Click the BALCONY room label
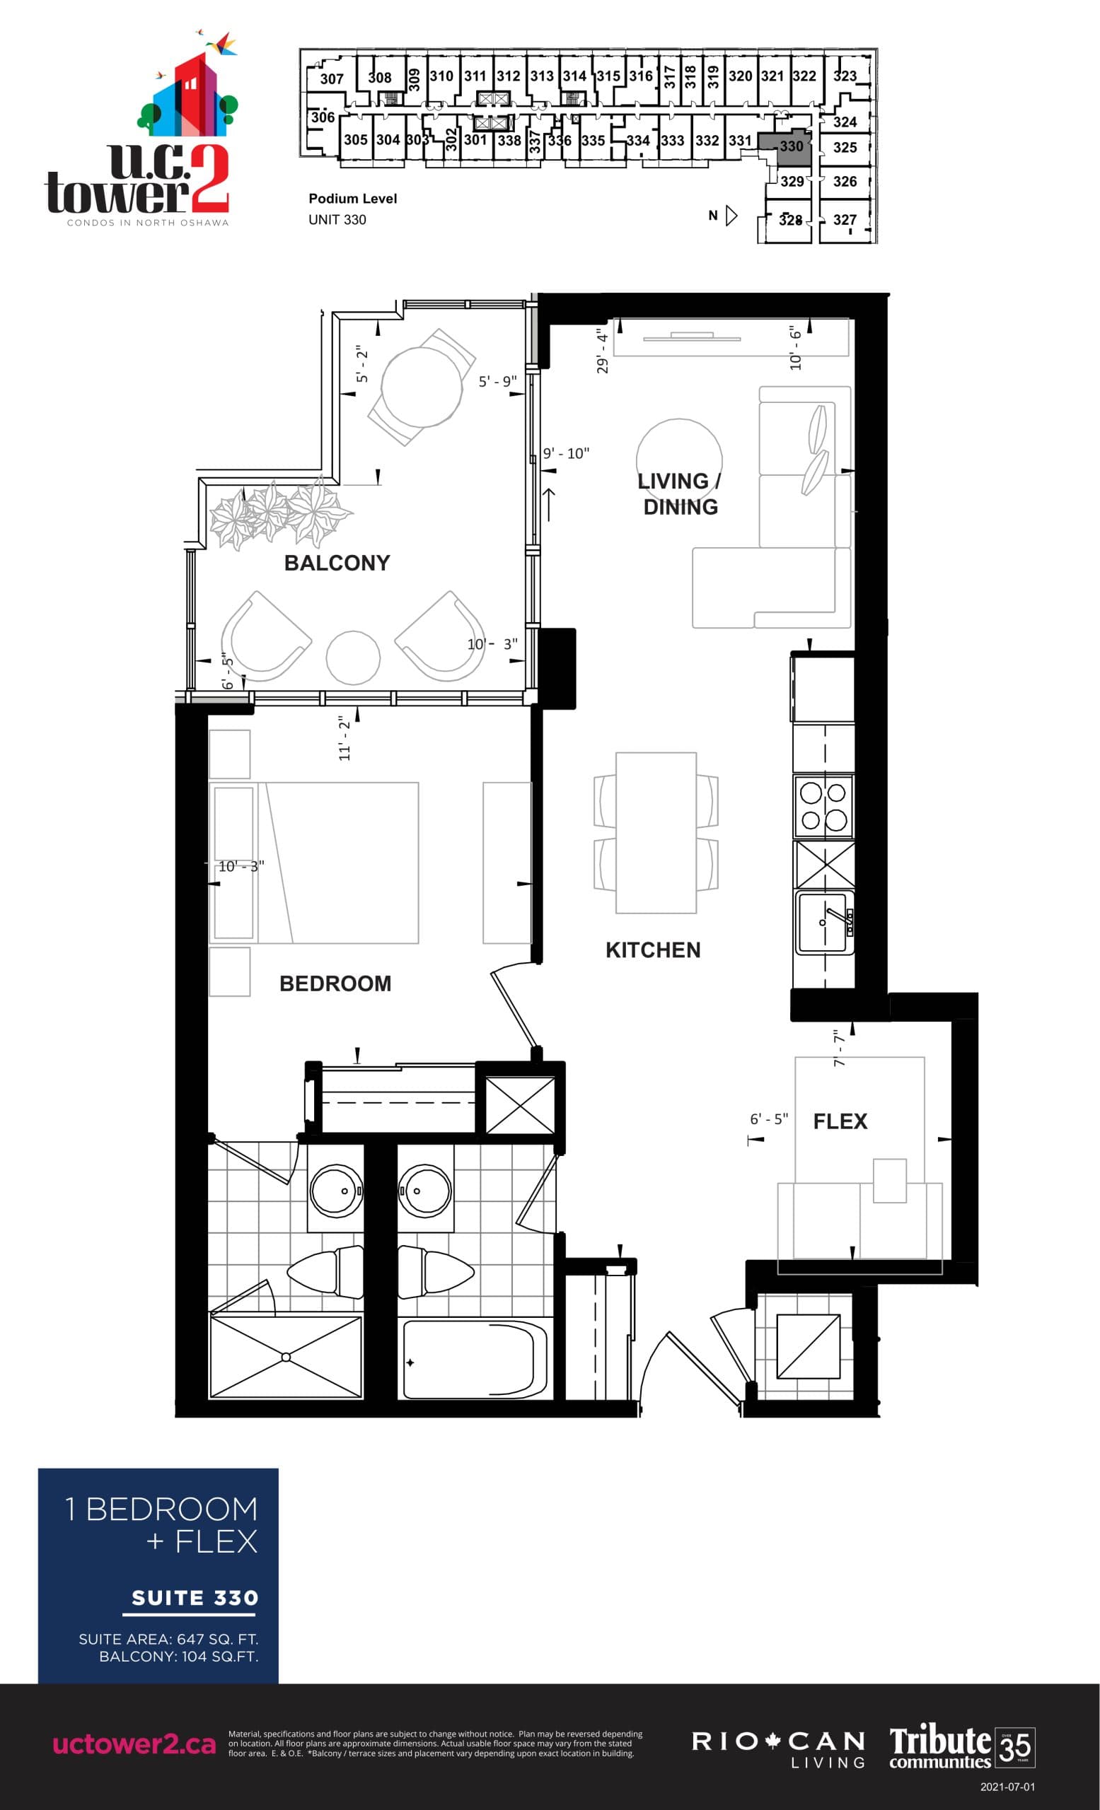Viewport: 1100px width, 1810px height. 337,563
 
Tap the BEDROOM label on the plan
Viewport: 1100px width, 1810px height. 335,983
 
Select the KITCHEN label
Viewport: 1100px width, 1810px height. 652,950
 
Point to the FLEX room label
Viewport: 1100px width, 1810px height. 840,1121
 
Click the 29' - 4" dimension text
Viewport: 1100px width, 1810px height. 603,351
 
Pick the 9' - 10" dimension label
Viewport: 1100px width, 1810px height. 566,453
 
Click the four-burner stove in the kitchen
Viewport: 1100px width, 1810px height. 823,806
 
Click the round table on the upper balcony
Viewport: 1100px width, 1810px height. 422,386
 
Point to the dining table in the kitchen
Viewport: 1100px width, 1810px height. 656,832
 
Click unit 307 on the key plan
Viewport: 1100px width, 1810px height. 331,78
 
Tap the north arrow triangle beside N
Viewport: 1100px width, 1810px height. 731,215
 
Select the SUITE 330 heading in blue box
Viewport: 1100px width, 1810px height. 195,1598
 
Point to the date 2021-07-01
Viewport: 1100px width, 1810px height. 1007,1787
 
